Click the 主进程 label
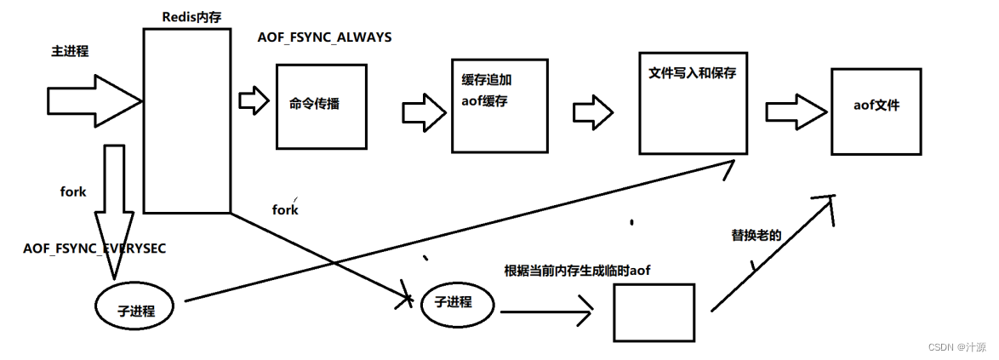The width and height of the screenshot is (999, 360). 70,52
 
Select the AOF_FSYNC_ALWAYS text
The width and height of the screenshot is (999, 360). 324,38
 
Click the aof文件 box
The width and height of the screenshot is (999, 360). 875,111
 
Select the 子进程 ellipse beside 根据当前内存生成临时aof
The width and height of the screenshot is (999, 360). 457,302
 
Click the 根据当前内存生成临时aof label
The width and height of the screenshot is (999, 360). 578,270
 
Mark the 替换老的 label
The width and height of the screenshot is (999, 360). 756,233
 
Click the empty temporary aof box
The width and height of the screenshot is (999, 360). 653,312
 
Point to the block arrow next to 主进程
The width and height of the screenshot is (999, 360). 92,100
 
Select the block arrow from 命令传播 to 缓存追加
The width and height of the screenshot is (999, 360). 425,110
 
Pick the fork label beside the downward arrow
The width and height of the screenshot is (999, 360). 73,192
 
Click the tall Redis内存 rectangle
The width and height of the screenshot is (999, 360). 186,120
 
